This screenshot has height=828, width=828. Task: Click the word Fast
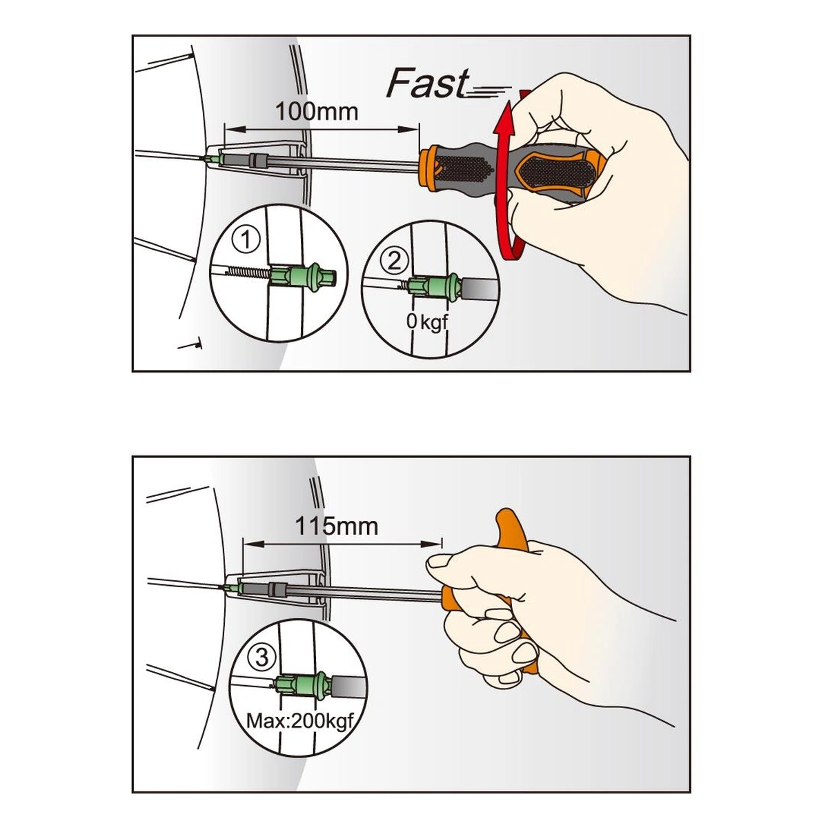427,83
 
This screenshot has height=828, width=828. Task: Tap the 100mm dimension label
317,112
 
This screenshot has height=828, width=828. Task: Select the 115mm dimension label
337,526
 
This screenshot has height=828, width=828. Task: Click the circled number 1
246,239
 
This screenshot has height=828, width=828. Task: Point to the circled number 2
394,262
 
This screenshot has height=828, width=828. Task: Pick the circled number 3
262,657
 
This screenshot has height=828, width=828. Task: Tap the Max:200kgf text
299,722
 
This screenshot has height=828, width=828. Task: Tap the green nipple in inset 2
435,286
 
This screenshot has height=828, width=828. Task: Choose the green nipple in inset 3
304,684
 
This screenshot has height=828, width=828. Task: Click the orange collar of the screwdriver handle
428,167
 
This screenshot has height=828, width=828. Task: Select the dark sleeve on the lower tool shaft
277,589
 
